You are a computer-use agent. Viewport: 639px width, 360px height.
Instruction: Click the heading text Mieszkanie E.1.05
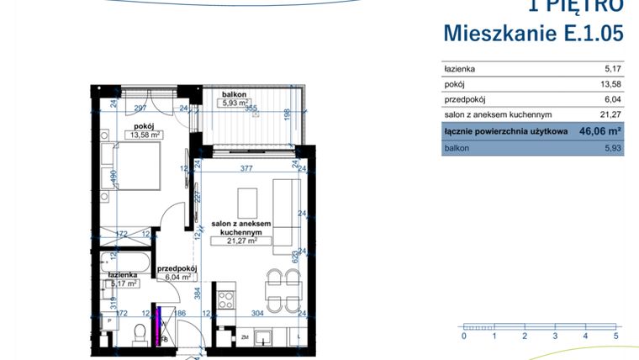[x=533, y=34]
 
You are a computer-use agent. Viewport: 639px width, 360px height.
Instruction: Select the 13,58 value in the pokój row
[x=608, y=84]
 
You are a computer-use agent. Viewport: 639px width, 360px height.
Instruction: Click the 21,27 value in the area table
[x=608, y=115]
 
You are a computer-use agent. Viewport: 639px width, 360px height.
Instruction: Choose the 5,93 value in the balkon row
[x=610, y=148]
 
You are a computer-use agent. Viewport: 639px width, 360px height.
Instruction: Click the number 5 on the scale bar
[x=616, y=336]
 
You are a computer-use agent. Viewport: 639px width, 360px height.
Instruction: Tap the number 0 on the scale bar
[x=464, y=336]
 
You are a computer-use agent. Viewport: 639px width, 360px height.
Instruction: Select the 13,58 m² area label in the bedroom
[x=145, y=135]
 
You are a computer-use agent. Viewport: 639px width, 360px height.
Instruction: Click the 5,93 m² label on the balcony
[x=235, y=103]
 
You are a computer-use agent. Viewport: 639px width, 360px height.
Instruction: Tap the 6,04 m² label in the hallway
[x=177, y=276]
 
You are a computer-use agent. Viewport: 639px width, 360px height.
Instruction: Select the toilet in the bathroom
[x=140, y=335]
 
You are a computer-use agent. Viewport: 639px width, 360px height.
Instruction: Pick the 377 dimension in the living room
[x=246, y=169]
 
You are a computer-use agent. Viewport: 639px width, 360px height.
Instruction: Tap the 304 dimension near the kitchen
[x=258, y=313]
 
